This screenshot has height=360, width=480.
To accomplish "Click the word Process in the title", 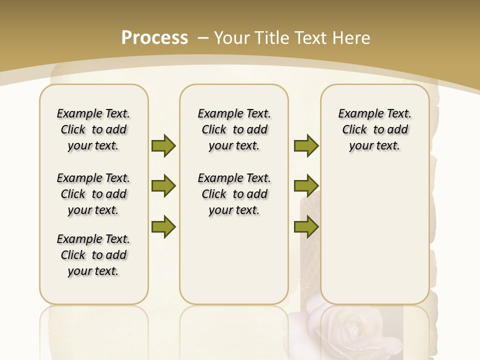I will point(154,38).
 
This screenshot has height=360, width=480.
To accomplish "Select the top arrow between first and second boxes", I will point(163,145).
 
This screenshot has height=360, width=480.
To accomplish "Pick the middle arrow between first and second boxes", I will point(163,186).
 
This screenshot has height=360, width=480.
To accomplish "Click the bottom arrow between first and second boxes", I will point(163,226).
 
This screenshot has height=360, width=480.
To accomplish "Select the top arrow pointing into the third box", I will point(306,145).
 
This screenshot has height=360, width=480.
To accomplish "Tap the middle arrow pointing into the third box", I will point(306,186).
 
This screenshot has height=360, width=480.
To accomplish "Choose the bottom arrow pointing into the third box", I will point(306,226).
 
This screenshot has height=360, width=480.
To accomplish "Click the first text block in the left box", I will point(93,129).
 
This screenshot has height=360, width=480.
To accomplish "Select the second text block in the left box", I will point(93,194).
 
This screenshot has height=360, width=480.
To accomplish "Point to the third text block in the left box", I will point(93,255).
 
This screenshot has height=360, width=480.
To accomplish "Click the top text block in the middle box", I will point(234,129).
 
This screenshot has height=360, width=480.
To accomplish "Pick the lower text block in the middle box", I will point(234,194).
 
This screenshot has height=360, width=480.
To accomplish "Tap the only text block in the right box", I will point(375,129).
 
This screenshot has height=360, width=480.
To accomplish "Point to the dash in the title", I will point(203,38).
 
